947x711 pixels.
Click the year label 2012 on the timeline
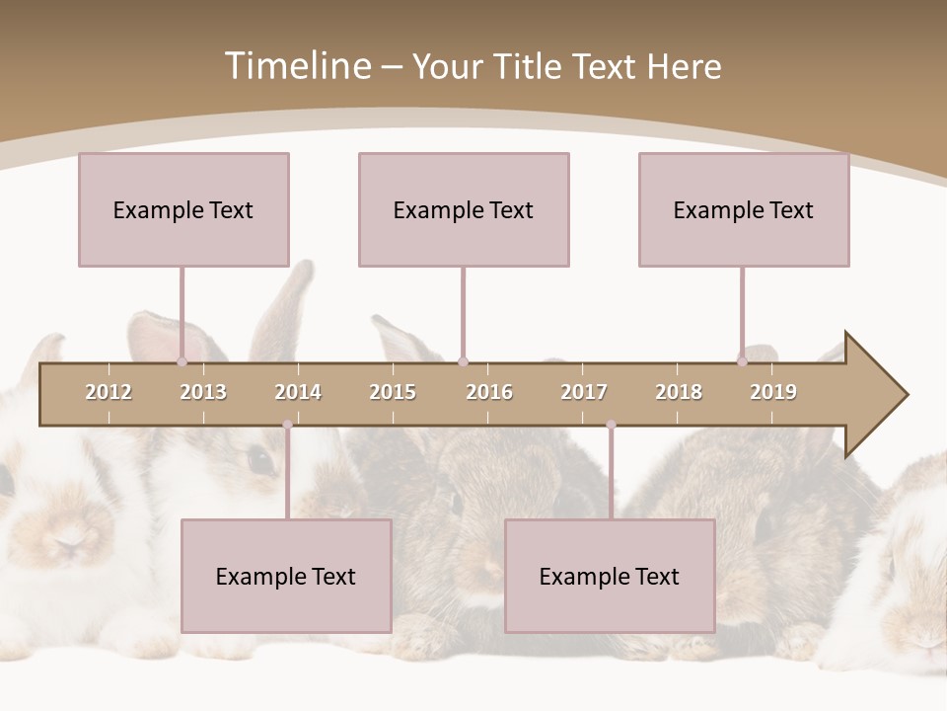(109, 393)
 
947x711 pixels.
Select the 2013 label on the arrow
(203, 393)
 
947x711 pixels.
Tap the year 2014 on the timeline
(298, 393)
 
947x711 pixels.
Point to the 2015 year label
(393, 393)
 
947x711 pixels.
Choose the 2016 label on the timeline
(489, 393)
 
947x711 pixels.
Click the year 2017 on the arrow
(584, 393)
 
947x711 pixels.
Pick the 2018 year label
(679, 393)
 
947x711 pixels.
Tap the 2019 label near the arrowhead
(773, 393)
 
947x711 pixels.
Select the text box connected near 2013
(183, 209)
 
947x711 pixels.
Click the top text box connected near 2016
(464, 209)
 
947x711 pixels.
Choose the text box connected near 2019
(744, 209)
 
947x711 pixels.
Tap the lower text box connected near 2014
(286, 576)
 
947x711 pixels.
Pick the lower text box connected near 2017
(610, 576)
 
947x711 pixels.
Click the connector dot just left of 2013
(182, 361)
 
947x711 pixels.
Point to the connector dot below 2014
(287, 425)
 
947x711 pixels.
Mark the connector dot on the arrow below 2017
(611, 425)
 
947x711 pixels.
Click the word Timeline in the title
(296, 66)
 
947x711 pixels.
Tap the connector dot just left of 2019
(742, 361)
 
